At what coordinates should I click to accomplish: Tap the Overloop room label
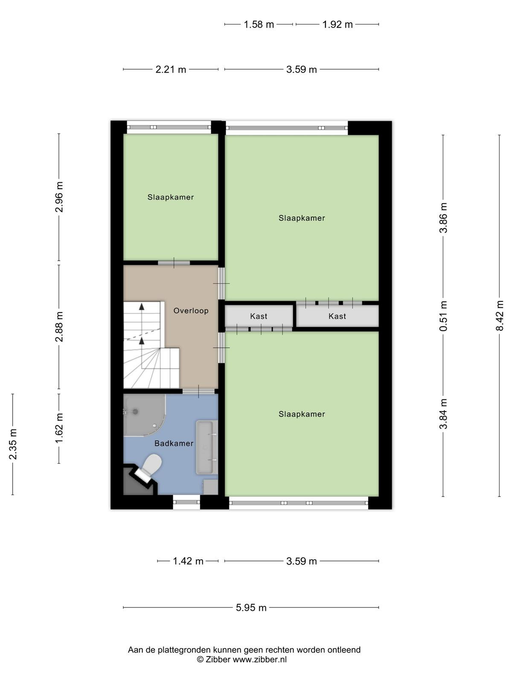[191, 310]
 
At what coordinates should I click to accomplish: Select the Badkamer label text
[174, 444]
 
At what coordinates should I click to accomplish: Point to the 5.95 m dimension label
[251, 607]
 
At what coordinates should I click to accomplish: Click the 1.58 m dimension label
[259, 24]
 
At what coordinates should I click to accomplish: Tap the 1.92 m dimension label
[337, 24]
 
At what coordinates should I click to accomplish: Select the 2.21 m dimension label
[171, 70]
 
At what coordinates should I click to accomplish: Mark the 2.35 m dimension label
[13, 444]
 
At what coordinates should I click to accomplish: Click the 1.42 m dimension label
[188, 561]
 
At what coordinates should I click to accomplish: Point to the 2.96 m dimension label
[59, 197]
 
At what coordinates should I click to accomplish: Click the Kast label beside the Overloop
[259, 316]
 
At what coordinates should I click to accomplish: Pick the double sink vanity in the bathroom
[207, 447]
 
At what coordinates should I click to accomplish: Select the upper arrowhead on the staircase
[142, 306]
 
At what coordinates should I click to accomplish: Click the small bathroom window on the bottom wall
[186, 502]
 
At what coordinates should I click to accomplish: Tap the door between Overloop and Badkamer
[198, 391]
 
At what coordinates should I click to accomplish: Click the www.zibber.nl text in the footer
[259, 659]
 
